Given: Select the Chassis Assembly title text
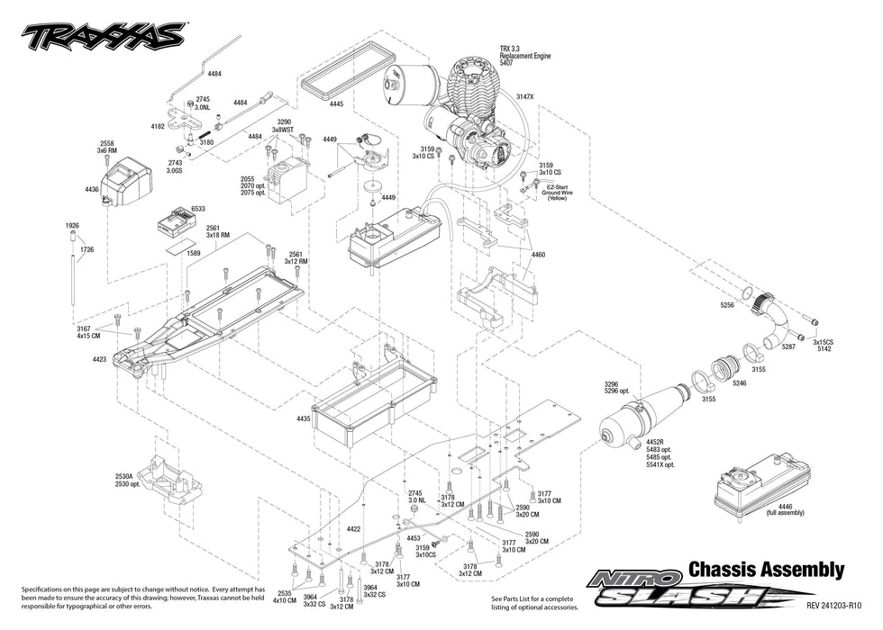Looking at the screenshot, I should [766, 569].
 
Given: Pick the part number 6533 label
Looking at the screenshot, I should [198, 208].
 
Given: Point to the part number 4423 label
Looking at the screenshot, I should [99, 359].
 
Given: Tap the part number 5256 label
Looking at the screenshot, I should [727, 305].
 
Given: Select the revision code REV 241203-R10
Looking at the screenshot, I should [834, 605].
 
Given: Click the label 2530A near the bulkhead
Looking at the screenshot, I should [124, 476].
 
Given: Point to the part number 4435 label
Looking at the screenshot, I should [303, 418].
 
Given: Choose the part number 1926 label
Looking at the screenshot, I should [73, 225].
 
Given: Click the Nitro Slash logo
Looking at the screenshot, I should [685, 589].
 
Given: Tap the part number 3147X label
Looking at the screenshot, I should [525, 96].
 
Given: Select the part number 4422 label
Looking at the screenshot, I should [353, 529].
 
